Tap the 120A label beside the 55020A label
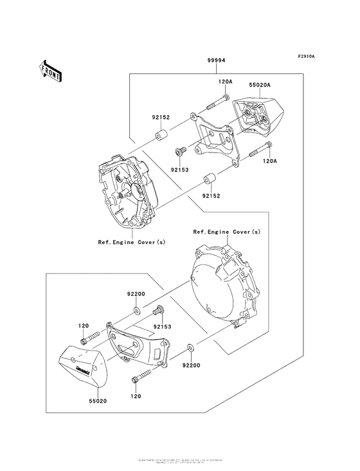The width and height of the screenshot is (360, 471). coord(225,82)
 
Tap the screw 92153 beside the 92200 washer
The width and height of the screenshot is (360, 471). coord(157,313)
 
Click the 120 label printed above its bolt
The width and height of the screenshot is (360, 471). coord(83,326)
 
